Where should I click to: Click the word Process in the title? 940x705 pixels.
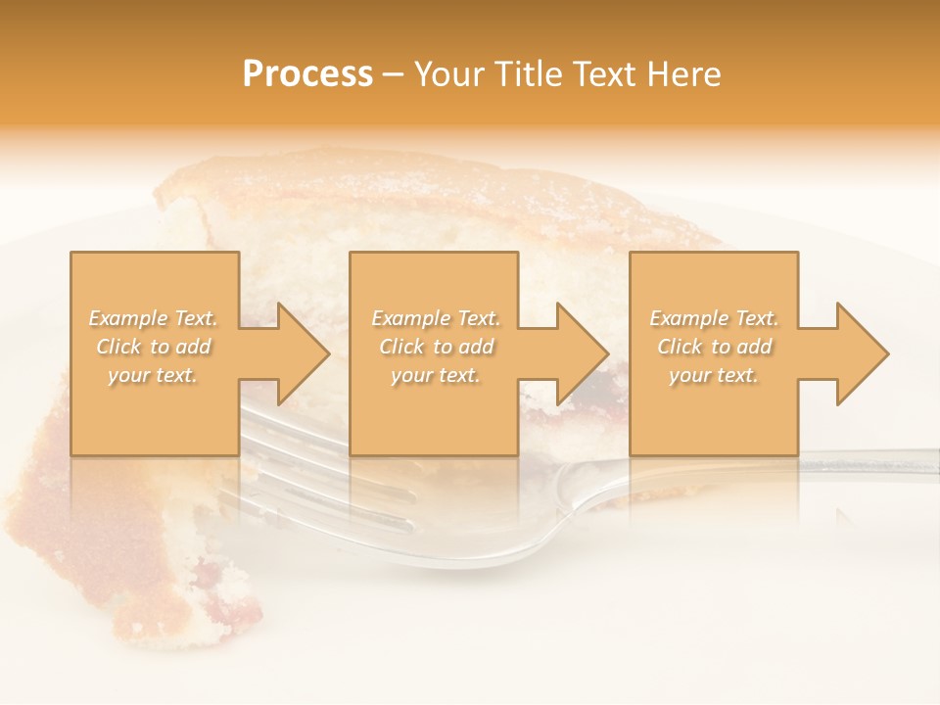click(x=307, y=74)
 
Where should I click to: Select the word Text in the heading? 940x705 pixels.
click(x=605, y=74)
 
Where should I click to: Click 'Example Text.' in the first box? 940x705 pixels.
click(x=154, y=318)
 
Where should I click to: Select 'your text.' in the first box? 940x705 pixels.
click(x=153, y=375)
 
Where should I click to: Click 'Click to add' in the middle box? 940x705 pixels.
click(x=436, y=347)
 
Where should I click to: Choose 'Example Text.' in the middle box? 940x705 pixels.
click(x=436, y=318)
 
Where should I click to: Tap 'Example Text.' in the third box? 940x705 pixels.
click(x=714, y=318)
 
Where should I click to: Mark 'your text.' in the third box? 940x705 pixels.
click(x=713, y=375)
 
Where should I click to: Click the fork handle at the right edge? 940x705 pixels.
click(x=881, y=461)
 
